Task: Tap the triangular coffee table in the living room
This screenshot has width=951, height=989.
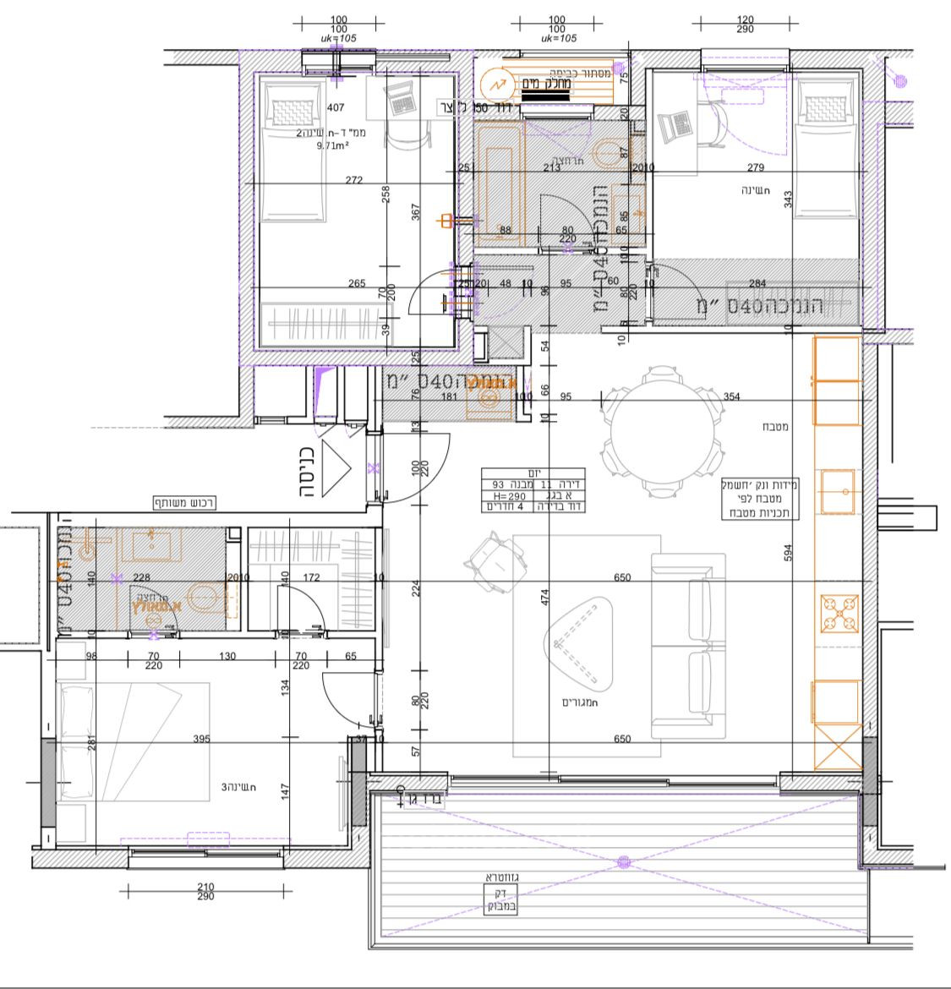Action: pos(578,643)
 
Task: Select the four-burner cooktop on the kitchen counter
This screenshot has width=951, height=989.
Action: pos(837,614)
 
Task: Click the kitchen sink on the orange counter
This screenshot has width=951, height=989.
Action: pos(836,491)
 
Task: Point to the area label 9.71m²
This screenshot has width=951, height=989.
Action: pos(332,145)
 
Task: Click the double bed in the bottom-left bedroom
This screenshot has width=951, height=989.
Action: pos(134,741)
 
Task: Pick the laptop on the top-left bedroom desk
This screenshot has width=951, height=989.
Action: pos(400,101)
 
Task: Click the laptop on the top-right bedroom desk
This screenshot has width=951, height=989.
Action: pos(680,127)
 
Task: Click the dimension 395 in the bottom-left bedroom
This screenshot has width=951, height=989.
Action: pos(201,739)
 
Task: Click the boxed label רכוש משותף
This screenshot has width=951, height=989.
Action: pos(184,502)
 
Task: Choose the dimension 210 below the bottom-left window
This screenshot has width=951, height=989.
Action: pos(205,887)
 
